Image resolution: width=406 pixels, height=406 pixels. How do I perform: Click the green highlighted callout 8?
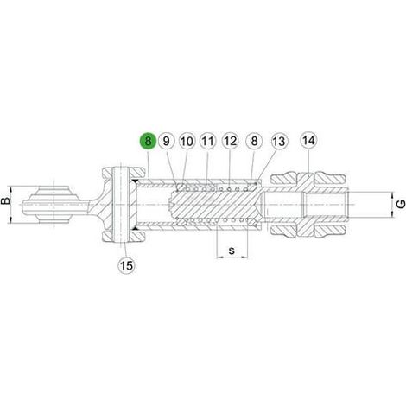[x=148, y=142]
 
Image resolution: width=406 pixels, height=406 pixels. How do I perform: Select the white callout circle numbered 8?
[x=254, y=142]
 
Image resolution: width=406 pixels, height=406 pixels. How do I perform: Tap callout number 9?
[x=167, y=142]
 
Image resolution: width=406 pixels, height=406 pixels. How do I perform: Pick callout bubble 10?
[x=187, y=142]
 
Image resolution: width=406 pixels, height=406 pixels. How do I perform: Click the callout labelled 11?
[x=208, y=142]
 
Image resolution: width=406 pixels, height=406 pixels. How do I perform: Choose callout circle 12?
[x=230, y=142]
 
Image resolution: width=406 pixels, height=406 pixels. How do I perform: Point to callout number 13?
[x=278, y=142]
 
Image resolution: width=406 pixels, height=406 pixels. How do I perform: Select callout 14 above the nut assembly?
[x=308, y=141]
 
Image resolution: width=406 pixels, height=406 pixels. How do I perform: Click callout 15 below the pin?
[x=126, y=265]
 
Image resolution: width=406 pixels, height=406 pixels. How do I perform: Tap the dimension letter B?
[x=5, y=200]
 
